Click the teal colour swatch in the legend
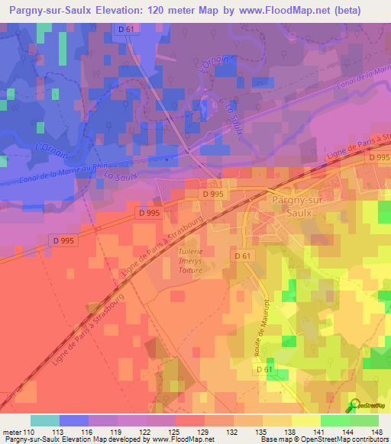pyautogui.click(x=45, y=420)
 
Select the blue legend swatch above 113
pyautogui.click(x=74, y=420)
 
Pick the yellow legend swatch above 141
pyautogui.click(x=306, y=420)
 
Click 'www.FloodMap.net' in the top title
pyautogui.click(x=311, y=10)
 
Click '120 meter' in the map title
pyautogui.click(x=178, y=10)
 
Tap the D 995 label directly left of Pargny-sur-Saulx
pyautogui.click(x=214, y=195)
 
